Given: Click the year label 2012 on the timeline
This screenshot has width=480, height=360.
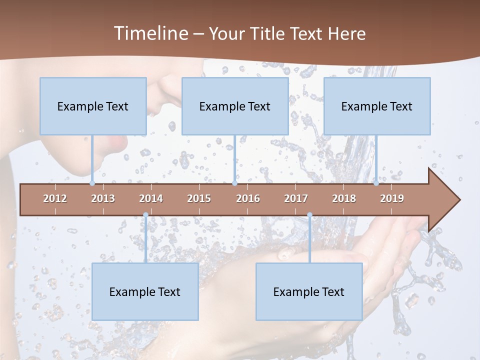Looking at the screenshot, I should coord(55,198).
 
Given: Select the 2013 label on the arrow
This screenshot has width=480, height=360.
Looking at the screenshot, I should coord(103,198).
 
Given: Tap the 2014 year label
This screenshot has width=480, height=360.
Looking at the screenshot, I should coord(151,198).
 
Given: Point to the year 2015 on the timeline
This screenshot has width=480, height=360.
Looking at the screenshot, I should coord(199,198).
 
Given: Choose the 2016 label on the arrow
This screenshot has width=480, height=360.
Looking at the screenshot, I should coord(248,198).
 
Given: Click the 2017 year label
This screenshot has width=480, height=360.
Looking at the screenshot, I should coord(296,198).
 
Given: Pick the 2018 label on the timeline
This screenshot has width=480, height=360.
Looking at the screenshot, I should coord(344,198).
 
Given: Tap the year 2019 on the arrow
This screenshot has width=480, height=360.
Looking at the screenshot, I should coord(392,198).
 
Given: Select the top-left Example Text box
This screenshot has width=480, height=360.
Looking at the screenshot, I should coord(93,106).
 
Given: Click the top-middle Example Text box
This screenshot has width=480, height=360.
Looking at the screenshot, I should coord(235,106).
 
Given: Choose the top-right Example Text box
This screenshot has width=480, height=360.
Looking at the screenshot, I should coord(377,106).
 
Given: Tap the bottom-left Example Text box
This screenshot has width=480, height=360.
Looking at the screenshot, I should coord(145,291).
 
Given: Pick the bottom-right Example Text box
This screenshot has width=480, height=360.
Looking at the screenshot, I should coord(309,291).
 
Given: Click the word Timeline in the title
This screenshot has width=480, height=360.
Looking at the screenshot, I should coord(150,33).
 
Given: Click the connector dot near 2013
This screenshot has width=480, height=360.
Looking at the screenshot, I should coord(92,183).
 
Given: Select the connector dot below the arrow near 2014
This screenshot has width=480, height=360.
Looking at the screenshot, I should coord(145,215).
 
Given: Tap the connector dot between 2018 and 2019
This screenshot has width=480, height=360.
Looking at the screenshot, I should coord(376,183).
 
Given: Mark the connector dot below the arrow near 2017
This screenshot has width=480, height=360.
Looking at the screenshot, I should coord(309,215).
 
